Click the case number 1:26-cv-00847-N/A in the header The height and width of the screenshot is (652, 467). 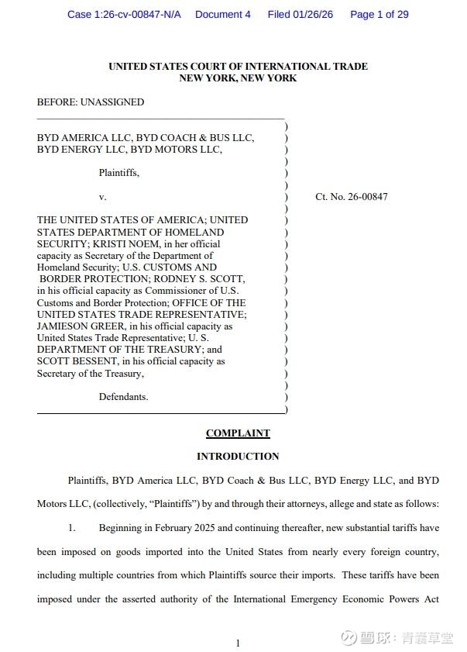[124, 15]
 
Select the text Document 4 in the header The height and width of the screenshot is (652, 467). [223, 15]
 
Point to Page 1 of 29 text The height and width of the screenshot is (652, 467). [379, 15]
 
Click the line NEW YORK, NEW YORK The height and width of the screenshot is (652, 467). [238, 78]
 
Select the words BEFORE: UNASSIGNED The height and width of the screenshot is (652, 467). [91, 102]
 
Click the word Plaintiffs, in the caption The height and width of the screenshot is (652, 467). [119, 173]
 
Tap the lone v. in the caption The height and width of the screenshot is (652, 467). [102, 197]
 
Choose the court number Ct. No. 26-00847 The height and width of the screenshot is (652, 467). [352, 197]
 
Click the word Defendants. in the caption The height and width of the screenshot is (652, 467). [123, 397]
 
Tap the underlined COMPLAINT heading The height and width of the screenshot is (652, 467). [238, 433]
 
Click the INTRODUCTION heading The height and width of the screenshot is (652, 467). [238, 457]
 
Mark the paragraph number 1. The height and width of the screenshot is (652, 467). [71, 528]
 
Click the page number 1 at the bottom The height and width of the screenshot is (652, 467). [238, 643]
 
